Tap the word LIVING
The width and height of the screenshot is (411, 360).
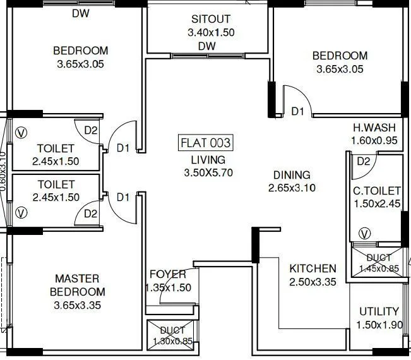coord(204,160)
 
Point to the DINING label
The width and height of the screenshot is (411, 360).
coord(292,175)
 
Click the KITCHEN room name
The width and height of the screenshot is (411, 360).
coord(313,268)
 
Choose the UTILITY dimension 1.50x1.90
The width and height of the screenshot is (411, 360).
coord(378,325)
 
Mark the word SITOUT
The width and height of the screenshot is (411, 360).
coord(211,19)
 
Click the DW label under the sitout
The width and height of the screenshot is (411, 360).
coord(206,46)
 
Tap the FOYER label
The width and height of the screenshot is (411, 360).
coord(167,274)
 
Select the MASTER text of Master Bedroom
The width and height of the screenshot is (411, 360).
coord(77,279)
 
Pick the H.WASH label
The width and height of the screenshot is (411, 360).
coord(374,128)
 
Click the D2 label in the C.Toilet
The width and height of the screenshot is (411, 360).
coord(363,161)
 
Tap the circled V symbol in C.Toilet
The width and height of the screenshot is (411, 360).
coord(364,234)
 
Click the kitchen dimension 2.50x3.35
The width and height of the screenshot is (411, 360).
coord(313,282)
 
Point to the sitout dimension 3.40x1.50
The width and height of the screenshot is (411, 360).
coord(211,32)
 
